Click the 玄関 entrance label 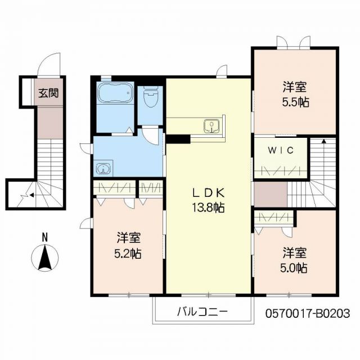pyautogui.click(x=48, y=93)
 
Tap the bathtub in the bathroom pyautogui.click(x=115, y=94)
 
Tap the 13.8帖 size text pyautogui.click(x=208, y=208)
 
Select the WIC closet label pyautogui.click(x=280, y=151)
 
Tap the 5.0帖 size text pyautogui.click(x=295, y=268)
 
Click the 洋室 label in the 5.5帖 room pyautogui.click(x=295, y=87)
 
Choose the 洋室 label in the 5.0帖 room pyautogui.click(x=295, y=253)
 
